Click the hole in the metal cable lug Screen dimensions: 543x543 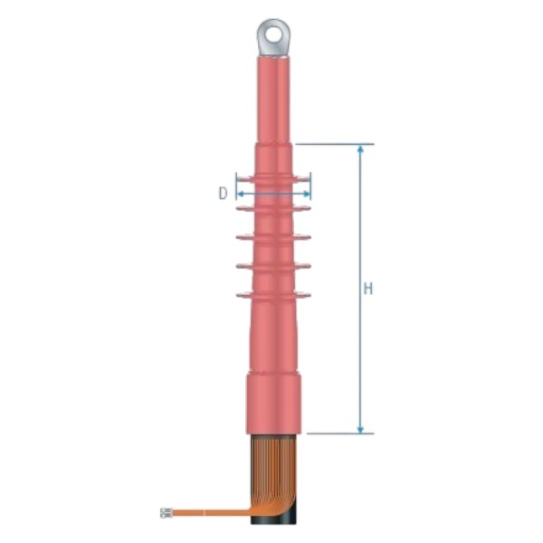(x=273, y=34)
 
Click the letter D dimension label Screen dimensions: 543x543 (x=224, y=194)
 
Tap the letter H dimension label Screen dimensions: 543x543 (x=368, y=288)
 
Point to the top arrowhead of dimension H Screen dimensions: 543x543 (x=360, y=149)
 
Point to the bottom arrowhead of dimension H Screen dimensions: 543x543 (x=360, y=429)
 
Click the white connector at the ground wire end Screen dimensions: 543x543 (x=167, y=512)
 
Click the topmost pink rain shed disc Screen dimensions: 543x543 (x=273, y=179)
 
